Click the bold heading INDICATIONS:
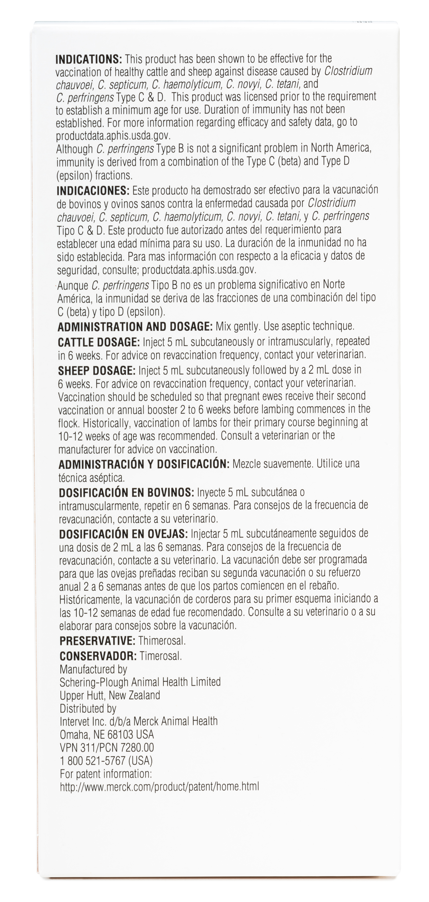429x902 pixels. tap(89, 59)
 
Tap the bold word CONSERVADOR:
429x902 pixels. tap(98, 656)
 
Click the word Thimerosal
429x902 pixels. tap(162, 641)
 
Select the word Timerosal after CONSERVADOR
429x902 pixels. tap(161, 656)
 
